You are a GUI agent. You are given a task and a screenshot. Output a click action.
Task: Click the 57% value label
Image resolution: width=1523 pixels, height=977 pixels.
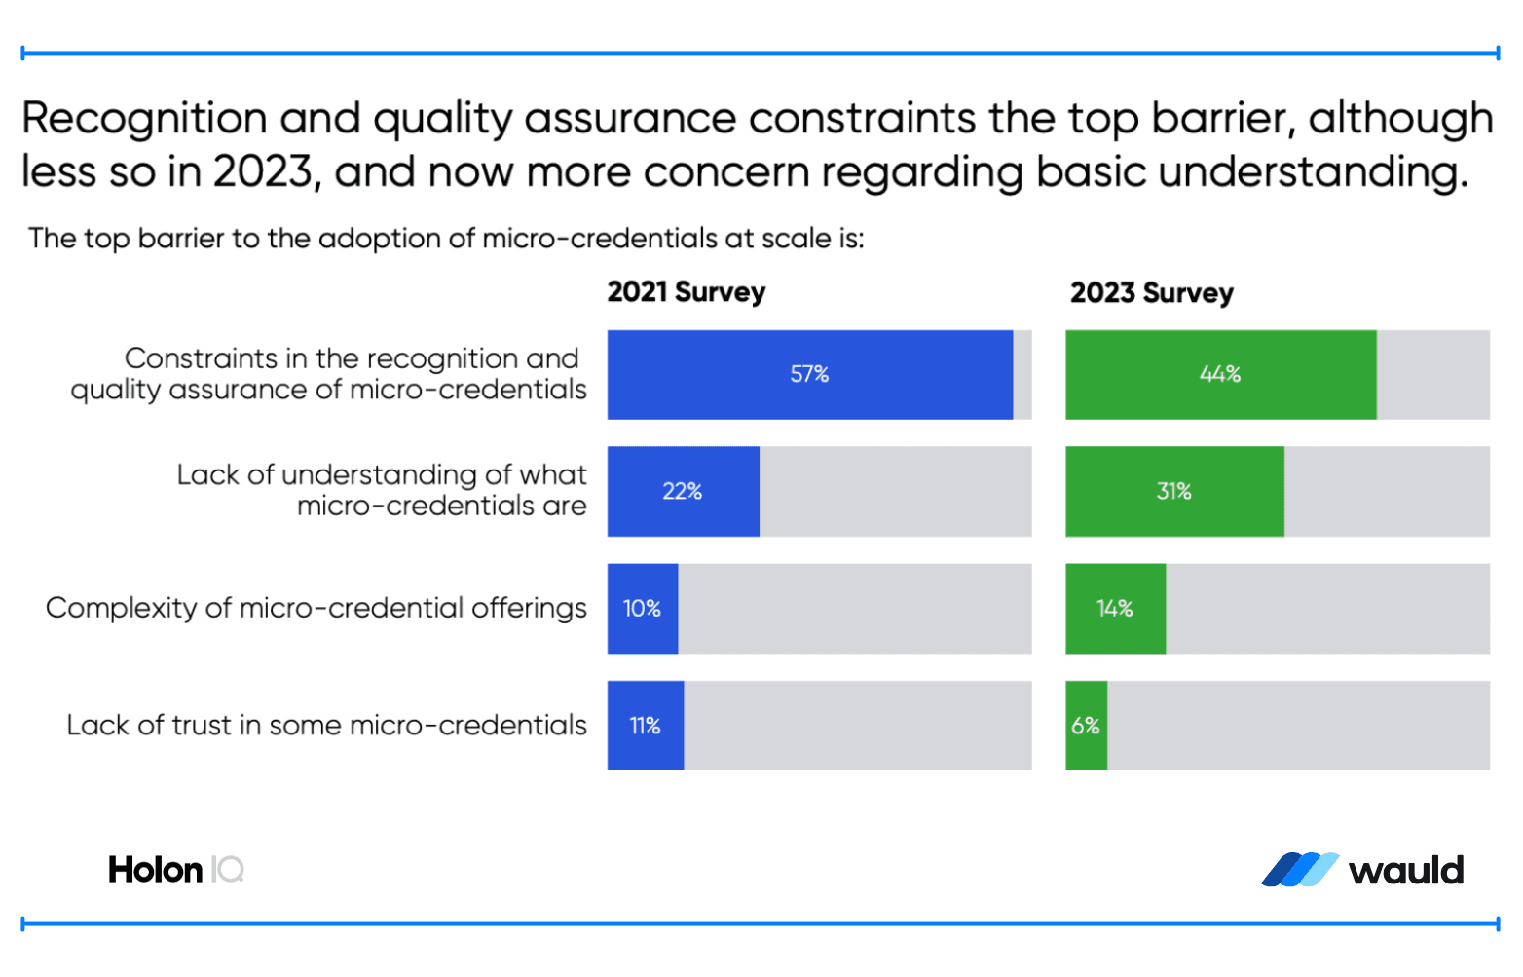(809, 374)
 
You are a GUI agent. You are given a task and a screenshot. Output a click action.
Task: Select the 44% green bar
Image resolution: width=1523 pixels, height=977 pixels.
(1220, 375)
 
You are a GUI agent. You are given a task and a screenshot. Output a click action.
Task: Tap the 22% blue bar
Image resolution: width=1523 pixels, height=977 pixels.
(683, 491)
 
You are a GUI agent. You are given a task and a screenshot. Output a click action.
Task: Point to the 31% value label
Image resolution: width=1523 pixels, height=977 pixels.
(1173, 491)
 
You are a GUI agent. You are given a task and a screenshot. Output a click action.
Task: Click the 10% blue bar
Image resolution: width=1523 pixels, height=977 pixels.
(643, 609)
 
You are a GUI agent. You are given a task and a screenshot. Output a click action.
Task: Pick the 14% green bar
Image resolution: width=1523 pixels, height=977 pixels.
(1115, 609)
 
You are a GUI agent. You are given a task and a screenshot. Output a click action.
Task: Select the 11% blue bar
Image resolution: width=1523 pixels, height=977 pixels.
(645, 726)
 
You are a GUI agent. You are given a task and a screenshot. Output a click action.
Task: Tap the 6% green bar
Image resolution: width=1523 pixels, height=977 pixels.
(1086, 726)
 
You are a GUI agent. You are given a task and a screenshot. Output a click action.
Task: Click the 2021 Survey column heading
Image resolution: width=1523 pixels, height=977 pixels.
(687, 292)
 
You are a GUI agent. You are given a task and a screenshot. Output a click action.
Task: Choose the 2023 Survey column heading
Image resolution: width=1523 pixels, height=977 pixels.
(1151, 292)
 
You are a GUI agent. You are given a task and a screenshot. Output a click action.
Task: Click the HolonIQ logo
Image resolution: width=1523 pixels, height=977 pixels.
(176, 869)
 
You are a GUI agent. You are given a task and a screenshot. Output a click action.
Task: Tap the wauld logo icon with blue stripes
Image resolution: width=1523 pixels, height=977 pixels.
(1300, 870)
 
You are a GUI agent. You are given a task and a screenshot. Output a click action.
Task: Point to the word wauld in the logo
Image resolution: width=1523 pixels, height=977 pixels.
(1406, 870)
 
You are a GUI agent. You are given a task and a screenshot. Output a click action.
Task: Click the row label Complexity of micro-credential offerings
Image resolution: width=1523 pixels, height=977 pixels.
(316, 608)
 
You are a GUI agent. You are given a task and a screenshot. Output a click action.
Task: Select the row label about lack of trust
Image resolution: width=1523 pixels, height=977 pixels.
(326, 725)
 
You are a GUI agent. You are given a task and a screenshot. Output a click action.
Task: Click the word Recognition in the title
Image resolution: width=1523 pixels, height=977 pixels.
(144, 119)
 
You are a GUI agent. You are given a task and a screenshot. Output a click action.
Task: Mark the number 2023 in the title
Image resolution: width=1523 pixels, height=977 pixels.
(263, 172)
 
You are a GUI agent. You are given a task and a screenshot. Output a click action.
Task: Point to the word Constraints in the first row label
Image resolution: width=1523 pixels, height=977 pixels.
(201, 358)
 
